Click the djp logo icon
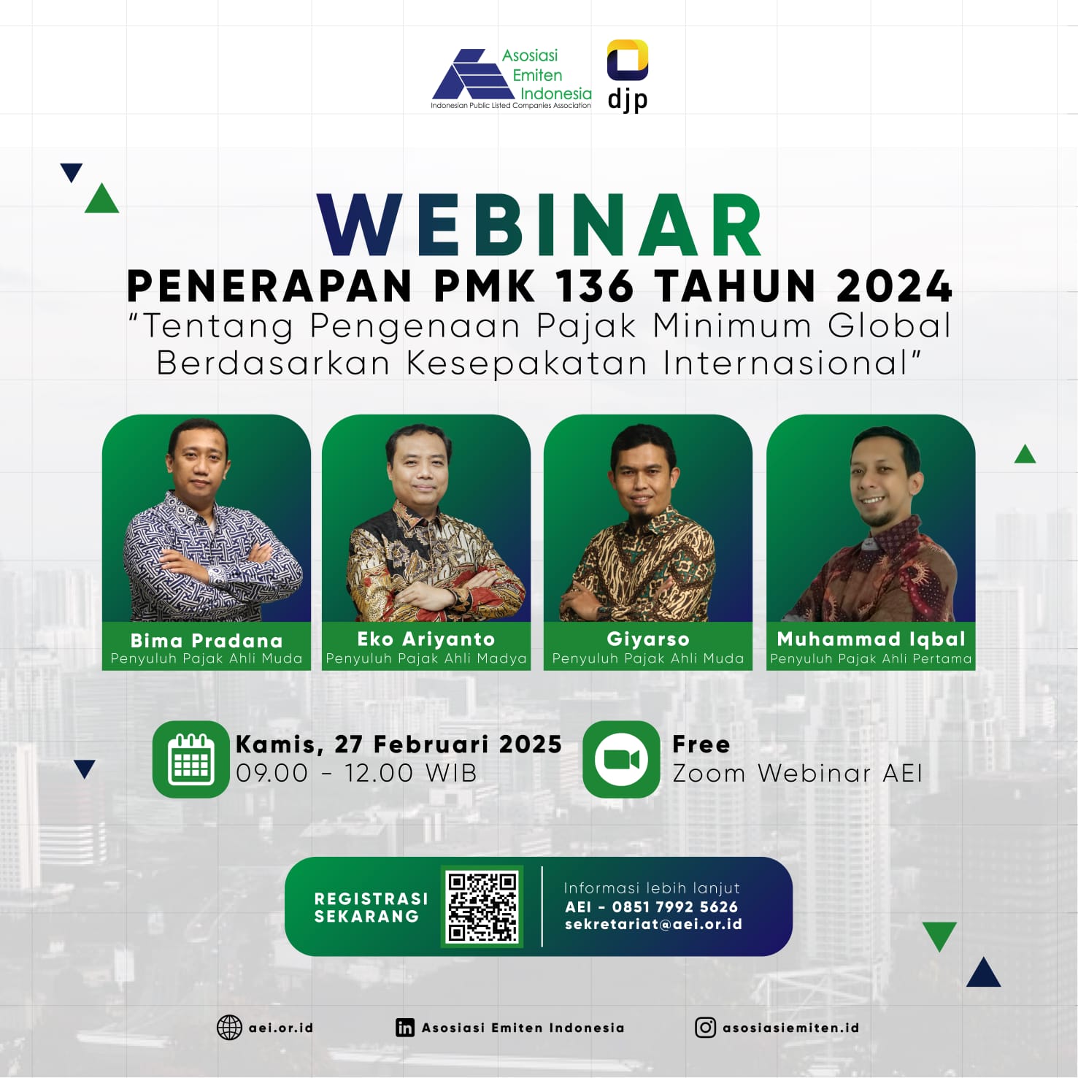point(628,60)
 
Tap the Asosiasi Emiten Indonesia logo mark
point(474,74)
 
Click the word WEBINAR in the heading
point(540,226)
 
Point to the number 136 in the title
point(595,285)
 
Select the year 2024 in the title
point(894,285)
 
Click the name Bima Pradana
point(207,640)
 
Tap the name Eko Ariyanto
point(426,639)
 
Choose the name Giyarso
point(648,639)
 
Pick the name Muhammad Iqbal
point(871,639)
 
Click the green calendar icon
point(191,759)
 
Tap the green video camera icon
point(622,759)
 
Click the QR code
point(482,906)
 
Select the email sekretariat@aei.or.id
point(653,925)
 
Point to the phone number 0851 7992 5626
point(675,906)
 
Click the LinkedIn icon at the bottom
point(405,1028)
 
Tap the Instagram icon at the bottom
point(705,1028)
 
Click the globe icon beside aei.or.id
point(229,1028)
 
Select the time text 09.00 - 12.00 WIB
point(356,773)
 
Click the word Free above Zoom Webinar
point(701,744)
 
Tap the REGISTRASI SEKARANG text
point(371,907)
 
